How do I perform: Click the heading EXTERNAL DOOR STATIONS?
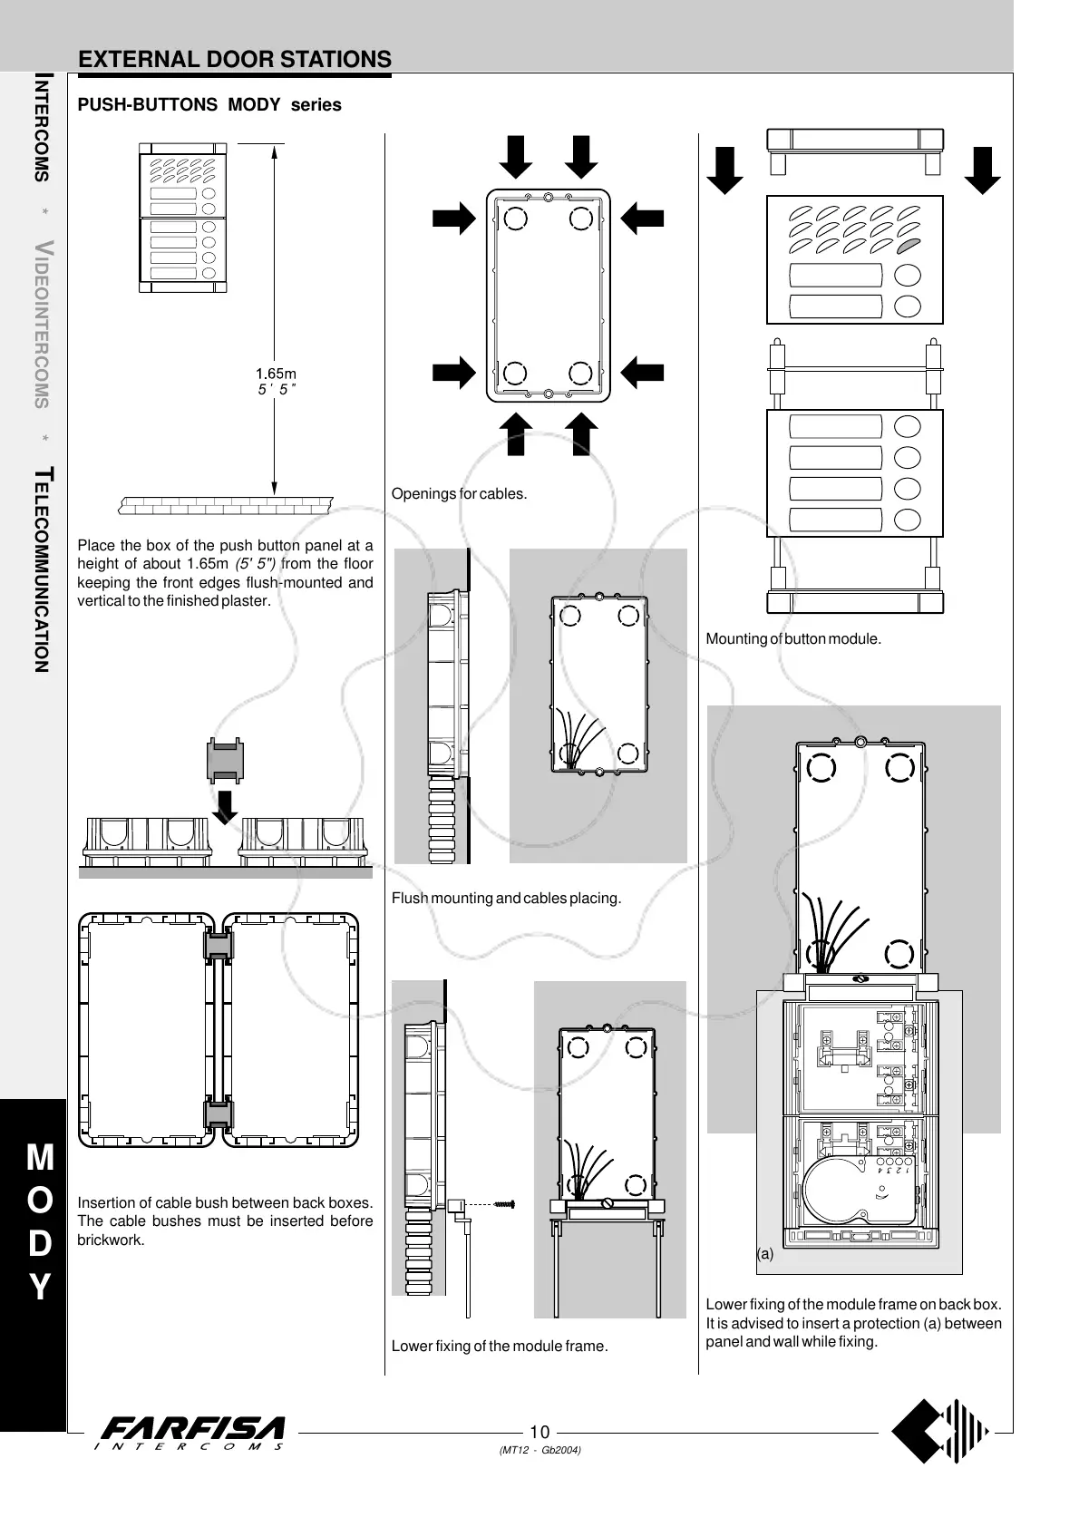coord(235,60)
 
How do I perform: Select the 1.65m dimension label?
coord(276,373)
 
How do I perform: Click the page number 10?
coord(539,1433)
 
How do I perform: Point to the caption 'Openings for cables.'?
coord(459,494)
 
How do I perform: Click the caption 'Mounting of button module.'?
coord(793,639)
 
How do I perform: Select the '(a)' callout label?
coord(765,1255)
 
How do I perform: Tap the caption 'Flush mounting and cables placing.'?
coord(506,899)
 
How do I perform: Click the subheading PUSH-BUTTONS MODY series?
coord(209,105)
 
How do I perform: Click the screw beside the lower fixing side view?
coord(506,1204)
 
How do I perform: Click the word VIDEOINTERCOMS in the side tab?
coord(41,324)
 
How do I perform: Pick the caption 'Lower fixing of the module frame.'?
coord(500,1347)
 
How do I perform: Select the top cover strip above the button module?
coord(855,141)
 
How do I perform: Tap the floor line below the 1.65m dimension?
coord(226,503)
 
